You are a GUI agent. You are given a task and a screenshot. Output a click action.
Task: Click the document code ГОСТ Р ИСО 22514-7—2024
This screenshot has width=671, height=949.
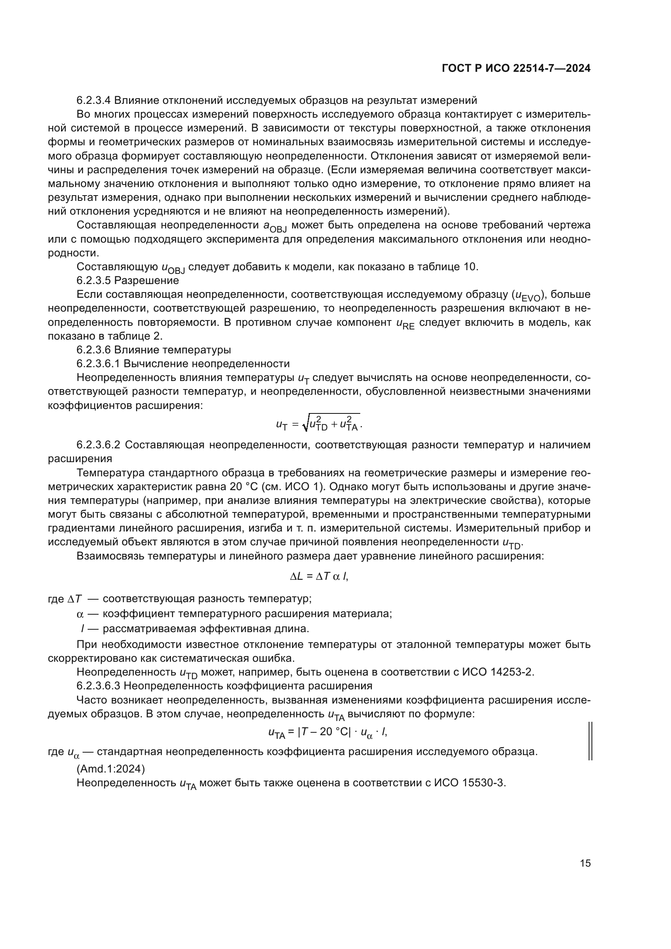tap(516, 69)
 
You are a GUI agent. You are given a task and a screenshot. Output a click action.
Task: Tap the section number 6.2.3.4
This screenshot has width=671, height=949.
tap(93, 101)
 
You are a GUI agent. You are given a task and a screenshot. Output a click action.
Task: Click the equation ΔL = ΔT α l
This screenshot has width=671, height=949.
tap(319, 577)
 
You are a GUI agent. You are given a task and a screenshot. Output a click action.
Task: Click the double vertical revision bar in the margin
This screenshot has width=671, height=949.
tap(590, 741)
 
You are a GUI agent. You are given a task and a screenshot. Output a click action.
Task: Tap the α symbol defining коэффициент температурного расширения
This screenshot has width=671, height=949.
tap(80, 614)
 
